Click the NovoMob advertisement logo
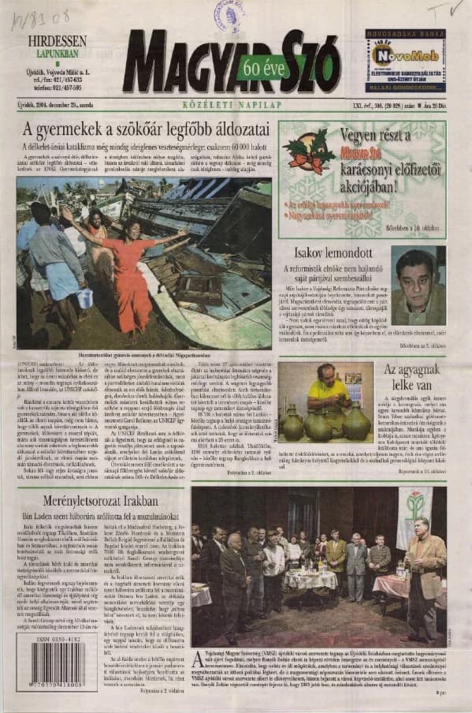click(x=395, y=54)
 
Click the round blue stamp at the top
click(x=230, y=15)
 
